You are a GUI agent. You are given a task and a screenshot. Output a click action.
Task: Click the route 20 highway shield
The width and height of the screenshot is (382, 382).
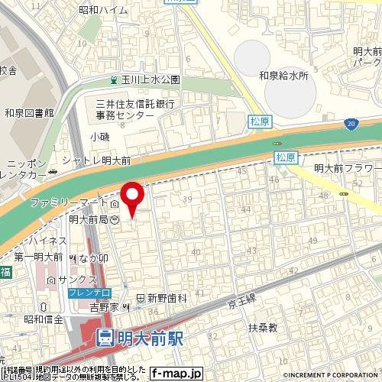[350, 122]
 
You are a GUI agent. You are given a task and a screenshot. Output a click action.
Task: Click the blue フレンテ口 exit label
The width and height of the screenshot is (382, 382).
[89, 293]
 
